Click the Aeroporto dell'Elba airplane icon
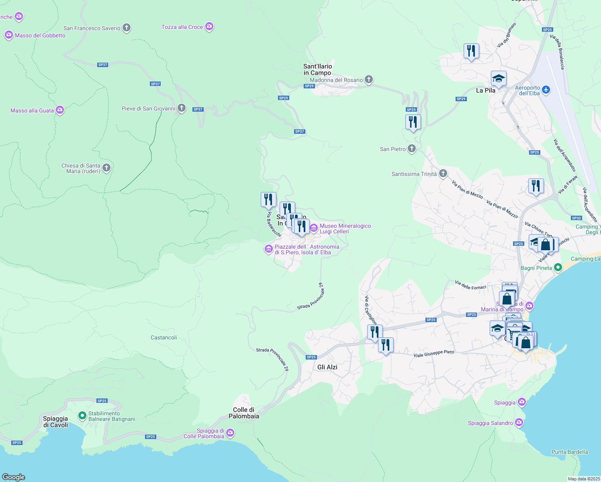(x=546, y=90)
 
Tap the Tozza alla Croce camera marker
(x=209, y=27)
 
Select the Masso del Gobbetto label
(x=40, y=35)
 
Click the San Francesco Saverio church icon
(x=127, y=28)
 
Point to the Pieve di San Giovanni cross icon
(x=182, y=108)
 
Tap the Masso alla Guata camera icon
(x=60, y=110)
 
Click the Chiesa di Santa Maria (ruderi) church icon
(x=106, y=167)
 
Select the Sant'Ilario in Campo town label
(x=317, y=69)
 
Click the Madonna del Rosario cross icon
(x=369, y=79)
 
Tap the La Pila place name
(x=485, y=90)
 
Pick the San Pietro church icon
(x=412, y=149)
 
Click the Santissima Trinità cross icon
(x=443, y=174)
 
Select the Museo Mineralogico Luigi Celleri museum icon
(x=313, y=228)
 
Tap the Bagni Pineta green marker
(x=558, y=267)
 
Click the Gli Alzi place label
(x=327, y=367)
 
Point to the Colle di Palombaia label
(x=244, y=413)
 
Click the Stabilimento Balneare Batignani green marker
(x=82, y=415)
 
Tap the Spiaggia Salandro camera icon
(x=519, y=422)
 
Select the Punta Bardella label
(x=569, y=452)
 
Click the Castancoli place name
(x=164, y=337)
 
